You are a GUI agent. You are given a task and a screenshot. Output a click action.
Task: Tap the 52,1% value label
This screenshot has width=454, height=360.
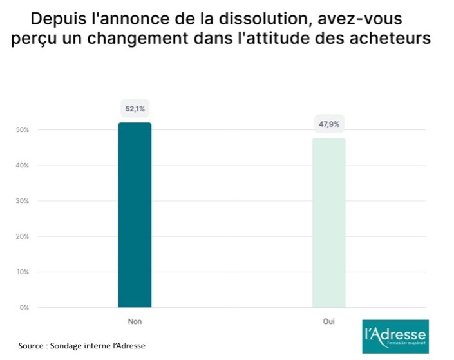[135, 109]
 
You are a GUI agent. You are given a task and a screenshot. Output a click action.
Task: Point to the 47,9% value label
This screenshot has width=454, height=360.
[329, 124]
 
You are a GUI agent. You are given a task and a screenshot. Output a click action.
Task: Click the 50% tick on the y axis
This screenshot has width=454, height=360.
[23, 130]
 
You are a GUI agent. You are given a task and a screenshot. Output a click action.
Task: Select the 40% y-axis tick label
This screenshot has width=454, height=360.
[23, 166]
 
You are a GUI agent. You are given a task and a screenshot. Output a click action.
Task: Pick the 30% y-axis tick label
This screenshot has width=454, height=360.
[23, 201]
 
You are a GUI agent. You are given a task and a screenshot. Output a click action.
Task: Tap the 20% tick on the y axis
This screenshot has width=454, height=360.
[23, 236]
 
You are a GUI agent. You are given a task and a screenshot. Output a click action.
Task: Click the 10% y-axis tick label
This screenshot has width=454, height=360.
[23, 272]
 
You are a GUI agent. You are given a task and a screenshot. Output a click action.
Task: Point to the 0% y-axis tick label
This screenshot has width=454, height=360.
[24, 307]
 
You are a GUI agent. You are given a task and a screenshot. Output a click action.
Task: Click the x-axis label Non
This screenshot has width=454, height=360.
[135, 320]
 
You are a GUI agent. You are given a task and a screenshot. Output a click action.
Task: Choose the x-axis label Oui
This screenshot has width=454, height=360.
[329, 320]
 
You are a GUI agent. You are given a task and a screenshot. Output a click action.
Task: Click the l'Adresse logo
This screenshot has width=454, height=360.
[395, 336]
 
